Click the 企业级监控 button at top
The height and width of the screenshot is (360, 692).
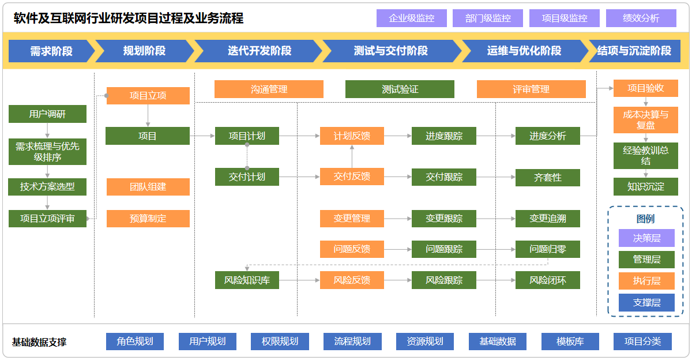pos(412,18)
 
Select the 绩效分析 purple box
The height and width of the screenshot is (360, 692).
pos(641,18)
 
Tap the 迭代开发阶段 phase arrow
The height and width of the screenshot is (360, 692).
pos(259,51)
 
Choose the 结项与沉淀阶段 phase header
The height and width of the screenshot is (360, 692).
pos(634,51)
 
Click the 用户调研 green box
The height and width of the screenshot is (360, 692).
pos(47,114)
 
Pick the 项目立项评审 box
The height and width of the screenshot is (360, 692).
pos(47,219)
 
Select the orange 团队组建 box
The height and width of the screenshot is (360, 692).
pos(148,187)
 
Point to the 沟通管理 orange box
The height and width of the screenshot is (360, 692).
pos(269,89)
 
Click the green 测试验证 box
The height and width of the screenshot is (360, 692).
pos(400,89)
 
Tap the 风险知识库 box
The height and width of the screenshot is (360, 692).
pos(247,280)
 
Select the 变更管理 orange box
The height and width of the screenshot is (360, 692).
pos(352,219)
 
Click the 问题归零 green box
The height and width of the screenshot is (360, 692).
pos(547,249)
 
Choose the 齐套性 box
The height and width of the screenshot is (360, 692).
pos(547,177)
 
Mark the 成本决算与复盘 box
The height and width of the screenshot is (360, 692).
pos(645,119)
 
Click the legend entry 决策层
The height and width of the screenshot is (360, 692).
pos(646,238)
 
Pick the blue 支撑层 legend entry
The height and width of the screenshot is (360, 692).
pos(646,302)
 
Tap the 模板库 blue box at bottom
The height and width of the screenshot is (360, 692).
pos(570,342)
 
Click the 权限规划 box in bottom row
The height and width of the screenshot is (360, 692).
pos(280,342)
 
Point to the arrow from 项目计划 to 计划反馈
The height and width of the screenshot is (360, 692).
pos(300,136)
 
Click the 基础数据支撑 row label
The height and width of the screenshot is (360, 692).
pos(39,342)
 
